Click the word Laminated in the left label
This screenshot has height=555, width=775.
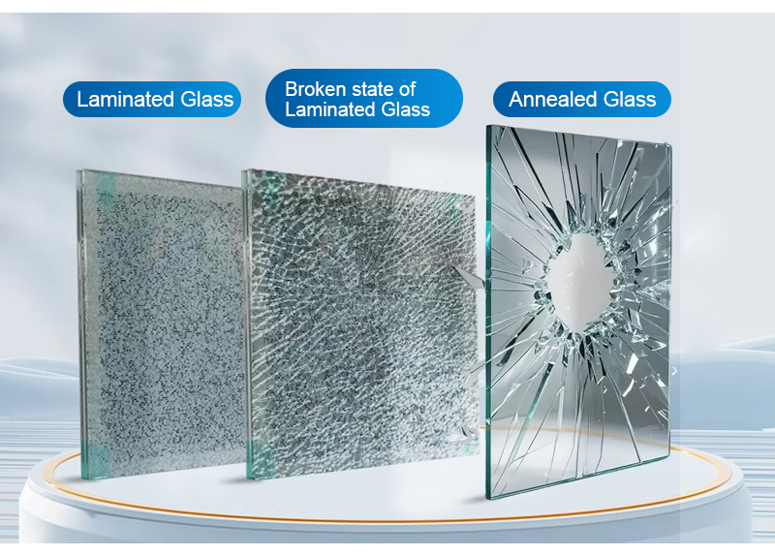click(126, 100)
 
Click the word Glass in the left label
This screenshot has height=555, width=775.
click(207, 100)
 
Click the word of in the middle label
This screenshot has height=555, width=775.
click(407, 89)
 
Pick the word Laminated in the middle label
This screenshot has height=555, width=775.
click(331, 109)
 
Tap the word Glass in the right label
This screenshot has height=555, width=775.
click(630, 100)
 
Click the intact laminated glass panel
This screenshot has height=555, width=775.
click(162, 324)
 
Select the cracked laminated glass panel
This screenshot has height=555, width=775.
click(359, 323)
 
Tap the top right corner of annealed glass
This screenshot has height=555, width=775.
click(670, 144)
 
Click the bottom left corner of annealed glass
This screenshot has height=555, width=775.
click(489, 498)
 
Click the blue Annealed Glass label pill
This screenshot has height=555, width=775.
click(582, 100)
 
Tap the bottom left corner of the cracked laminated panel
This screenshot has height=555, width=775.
click(248, 478)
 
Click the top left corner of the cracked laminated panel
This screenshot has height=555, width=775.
click(242, 170)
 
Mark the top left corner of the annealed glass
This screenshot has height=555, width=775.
click(487, 125)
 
